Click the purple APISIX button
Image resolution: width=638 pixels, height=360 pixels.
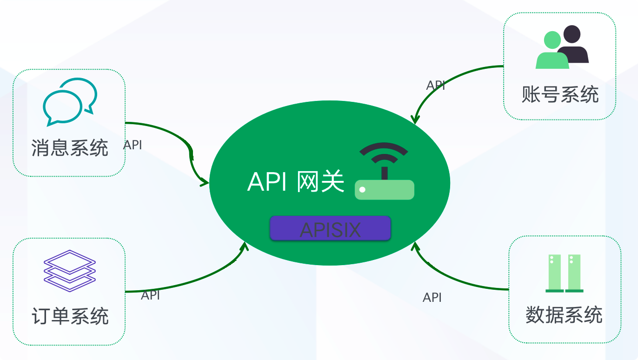(330, 228)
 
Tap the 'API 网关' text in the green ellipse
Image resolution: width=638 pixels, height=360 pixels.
(296, 181)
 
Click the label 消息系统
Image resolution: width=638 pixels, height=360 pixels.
(70, 148)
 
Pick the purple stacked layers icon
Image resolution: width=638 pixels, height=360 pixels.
(70, 270)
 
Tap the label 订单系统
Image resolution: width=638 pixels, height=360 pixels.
(70, 316)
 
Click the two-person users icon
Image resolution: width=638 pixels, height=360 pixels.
(562, 47)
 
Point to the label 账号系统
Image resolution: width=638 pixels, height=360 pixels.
(560, 94)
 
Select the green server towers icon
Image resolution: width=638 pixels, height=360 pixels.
(564, 273)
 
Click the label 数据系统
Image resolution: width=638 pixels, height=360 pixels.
(564, 315)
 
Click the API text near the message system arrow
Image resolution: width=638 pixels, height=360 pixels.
(133, 145)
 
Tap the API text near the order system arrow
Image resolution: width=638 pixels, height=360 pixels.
(150, 295)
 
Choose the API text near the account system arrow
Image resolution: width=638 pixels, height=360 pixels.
(436, 86)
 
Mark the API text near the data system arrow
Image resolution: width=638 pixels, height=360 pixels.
(432, 298)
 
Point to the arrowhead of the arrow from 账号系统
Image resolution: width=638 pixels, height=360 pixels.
(415, 120)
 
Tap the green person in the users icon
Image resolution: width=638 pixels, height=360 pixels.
(552, 52)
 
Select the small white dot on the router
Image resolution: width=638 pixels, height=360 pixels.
(363, 190)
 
